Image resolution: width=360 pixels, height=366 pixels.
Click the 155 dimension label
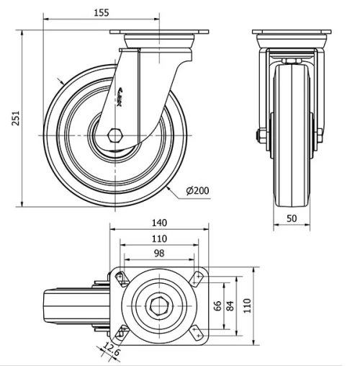coord(101,12)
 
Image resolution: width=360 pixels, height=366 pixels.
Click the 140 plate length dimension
coord(159,223)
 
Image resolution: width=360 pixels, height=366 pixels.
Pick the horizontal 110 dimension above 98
coord(159,238)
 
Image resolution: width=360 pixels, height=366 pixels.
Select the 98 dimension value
coord(159,253)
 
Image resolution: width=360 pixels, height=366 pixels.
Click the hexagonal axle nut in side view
coord(115,135)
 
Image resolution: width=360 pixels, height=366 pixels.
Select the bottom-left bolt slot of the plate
coord(120,332)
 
